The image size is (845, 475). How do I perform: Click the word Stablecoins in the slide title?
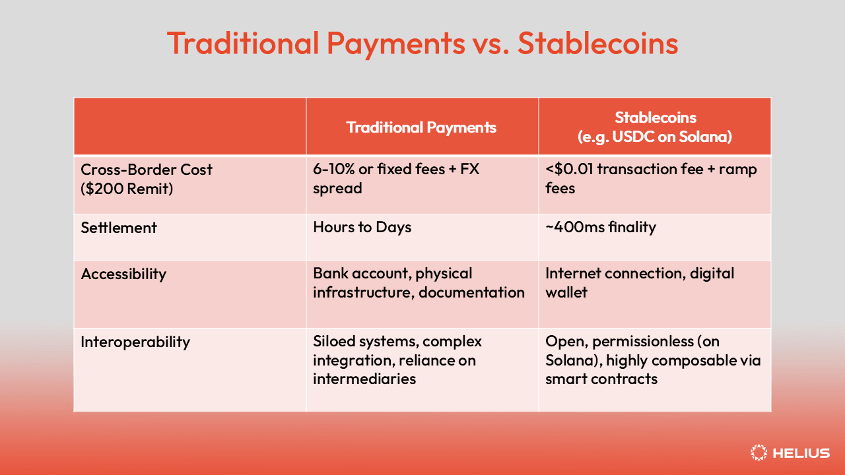tap(597, 44)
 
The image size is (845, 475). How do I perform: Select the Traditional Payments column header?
tap(421, 127)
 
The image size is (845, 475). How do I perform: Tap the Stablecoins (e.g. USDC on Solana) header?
tap(655, 127)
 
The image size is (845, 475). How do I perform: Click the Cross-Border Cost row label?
tap(147, 170)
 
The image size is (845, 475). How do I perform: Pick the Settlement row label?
tap(119, 228)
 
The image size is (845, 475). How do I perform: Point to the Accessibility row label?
tap(123, 274)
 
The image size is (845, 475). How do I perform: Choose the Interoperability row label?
tap(135, 342)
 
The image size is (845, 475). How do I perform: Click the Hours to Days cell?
tap(362, 228)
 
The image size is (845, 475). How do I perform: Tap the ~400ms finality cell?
tap(600, 228)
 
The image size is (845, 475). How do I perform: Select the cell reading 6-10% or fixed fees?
tap(396, 179)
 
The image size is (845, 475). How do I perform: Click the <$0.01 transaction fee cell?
tap(650, 179)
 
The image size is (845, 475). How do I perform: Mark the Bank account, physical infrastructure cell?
tap(418, 283)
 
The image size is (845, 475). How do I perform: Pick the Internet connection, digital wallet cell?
tap(639, 283)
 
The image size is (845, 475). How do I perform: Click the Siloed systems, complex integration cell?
tap(397, 360)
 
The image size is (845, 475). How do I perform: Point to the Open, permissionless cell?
tap(652, 360)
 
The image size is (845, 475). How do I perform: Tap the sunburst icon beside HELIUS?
tap(759, 453)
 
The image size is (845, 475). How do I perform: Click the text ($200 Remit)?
tap(127, 188)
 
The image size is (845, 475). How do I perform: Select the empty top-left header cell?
tap(189, 127)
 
